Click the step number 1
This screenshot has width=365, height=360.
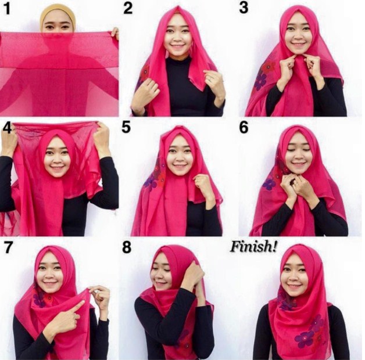(7, 9)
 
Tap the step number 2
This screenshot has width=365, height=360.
(128, 9)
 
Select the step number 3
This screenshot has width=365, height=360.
(244, 8)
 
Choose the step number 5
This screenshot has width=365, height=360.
(126, 127)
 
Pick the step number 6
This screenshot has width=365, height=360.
(244, 127)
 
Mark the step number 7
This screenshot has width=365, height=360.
(8, 247)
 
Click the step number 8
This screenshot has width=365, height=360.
(127, 247)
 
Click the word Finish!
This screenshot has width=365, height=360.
(254, 247)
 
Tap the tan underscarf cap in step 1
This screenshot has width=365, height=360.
(58, 16)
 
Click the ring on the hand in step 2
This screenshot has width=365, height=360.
(210, 80)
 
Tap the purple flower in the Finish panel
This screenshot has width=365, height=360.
(303, 340)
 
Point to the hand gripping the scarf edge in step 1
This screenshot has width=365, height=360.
(115, 33)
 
